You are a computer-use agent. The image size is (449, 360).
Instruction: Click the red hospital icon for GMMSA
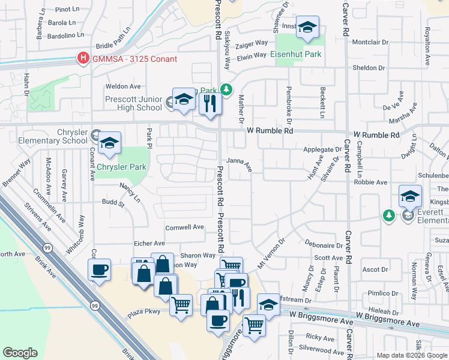coord(83,58)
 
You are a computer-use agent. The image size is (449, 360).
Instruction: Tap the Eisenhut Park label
coord(295,54)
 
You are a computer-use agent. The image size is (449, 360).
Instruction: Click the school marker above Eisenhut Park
coord(308,28)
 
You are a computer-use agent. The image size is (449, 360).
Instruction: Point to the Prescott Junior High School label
coord(133,103)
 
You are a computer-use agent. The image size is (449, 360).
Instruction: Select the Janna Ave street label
coord(239,161)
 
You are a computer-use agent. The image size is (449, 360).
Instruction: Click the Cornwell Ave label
coord(185,227)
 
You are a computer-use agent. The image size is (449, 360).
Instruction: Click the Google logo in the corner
coord(20,353)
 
